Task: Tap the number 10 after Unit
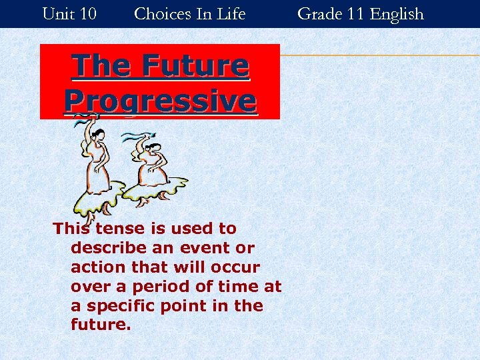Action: (x=87, y=13)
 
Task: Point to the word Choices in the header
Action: (x=161, y=13)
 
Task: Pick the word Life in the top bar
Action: (x=232, y=13)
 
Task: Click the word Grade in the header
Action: (x=318, y=13)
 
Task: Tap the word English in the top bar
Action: (x=397, y=13)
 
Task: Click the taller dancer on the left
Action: (x=96, y=167)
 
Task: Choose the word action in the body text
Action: (x=94, y=267)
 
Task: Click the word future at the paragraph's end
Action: (x=99, y=326)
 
